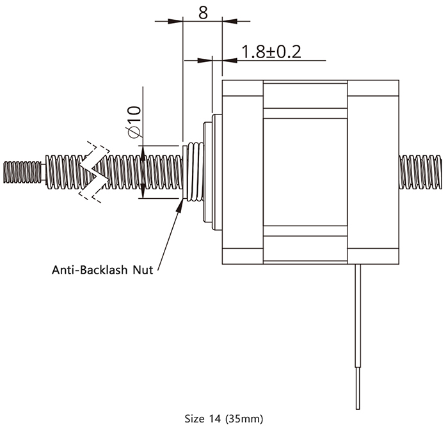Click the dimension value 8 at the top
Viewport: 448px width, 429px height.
tap(202, 12)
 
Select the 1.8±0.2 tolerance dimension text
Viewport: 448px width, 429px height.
tap(271, 52)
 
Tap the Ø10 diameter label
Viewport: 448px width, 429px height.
tap(133, 122)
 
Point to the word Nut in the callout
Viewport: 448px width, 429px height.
tap(142, 269)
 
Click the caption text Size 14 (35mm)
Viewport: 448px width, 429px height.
tap(223, 419)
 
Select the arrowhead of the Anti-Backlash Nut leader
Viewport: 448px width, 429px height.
tap(180, 203)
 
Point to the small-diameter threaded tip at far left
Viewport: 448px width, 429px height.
tap(22, 171)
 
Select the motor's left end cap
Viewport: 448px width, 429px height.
tap(242, 171)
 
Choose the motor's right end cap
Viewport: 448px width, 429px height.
tap(373, 171)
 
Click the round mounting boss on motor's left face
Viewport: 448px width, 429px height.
tap(209, 171)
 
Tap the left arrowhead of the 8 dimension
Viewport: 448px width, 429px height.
tap(176, 22)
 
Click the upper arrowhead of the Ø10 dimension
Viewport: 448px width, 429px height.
tap(142, 150)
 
